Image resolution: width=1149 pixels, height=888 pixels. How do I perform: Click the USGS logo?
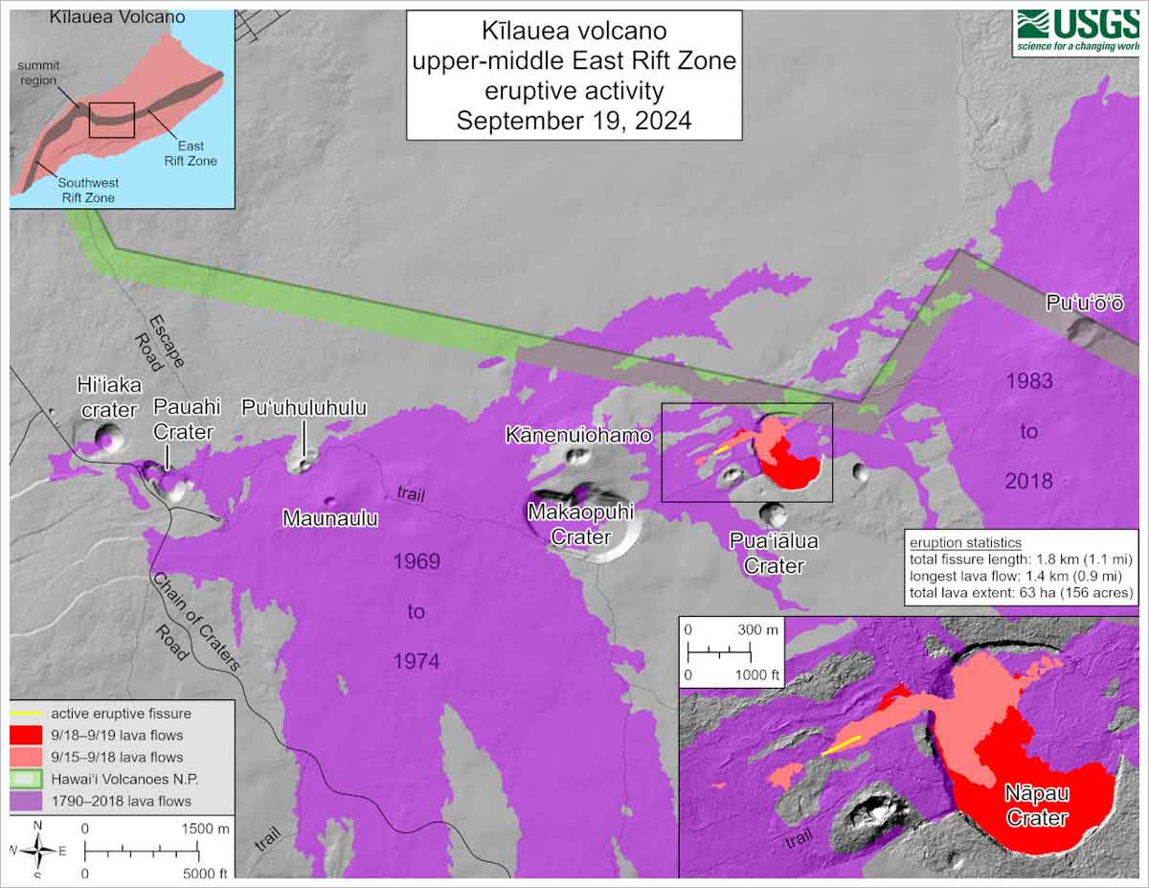pos(1077,32)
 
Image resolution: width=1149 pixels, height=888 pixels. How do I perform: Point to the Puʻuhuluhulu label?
pos(304,408)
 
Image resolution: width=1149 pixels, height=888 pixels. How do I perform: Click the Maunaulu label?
pos(330,518)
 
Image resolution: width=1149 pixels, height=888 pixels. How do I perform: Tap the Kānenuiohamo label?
pos(578,435)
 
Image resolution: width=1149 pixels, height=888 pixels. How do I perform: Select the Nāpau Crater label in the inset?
pos(1036,806)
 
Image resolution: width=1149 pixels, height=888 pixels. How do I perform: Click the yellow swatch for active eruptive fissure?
pos(28,714)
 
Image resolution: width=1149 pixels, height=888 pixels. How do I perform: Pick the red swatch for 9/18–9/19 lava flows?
pos(28,736)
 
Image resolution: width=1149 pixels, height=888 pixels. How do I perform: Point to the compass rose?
pos(38,849)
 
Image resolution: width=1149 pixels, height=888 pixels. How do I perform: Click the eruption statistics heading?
pos(965,543)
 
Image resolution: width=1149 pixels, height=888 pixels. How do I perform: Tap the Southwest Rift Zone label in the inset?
pos(86,191)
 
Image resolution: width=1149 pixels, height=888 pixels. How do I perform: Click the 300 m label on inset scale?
pos(762,629)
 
